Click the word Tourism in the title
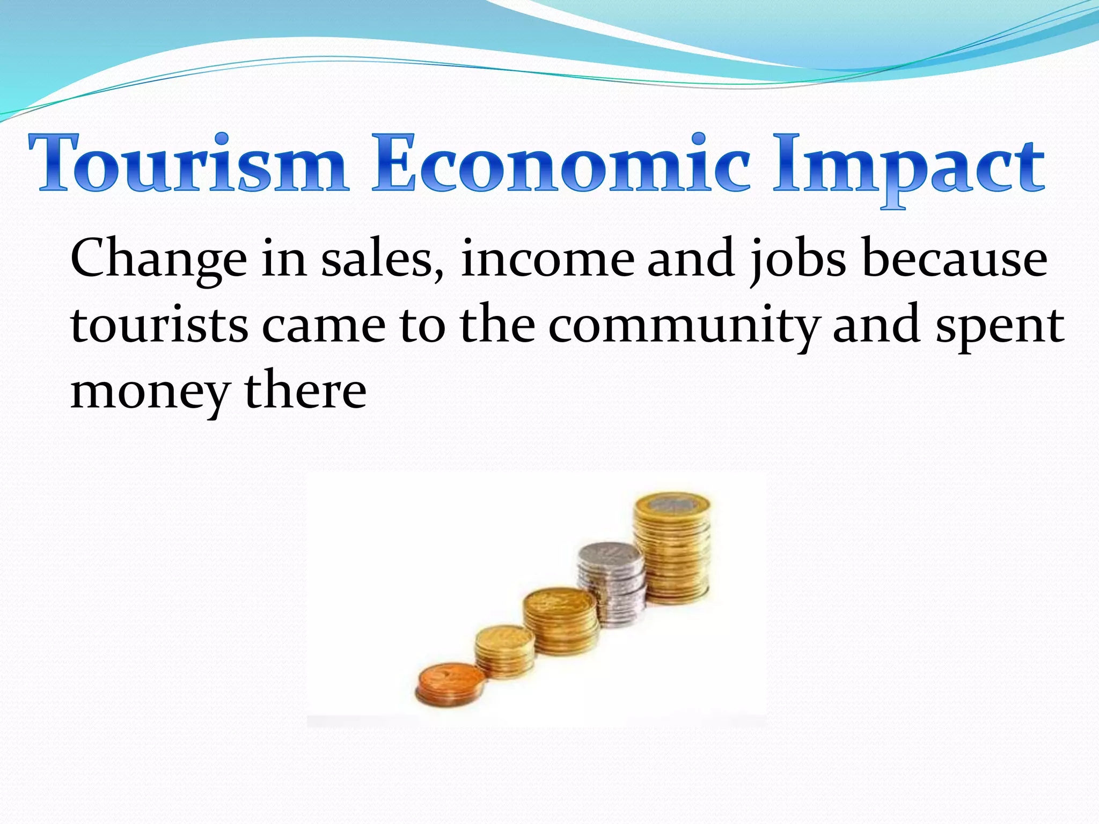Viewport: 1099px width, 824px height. point(188,164)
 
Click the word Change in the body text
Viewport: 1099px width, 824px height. point(159,260)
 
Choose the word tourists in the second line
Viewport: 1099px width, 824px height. point(159,325)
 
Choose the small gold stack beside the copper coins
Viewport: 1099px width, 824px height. point(504,652)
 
